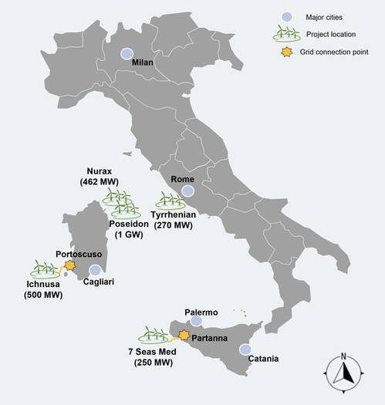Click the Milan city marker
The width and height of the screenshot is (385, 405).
pyautogui.click(x=126, y=54)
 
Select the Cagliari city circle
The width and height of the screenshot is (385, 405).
pyautogui.click(x=95, y=271)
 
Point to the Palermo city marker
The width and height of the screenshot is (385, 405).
pyautogui.click(x=196, y=321)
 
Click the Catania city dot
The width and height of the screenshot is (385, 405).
pyautogui.click(x=245, y=349)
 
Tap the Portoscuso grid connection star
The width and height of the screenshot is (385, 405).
pyautogui.click(x=70, y=265)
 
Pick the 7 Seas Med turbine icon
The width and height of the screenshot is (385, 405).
pyautogui.click(x=154, y=336)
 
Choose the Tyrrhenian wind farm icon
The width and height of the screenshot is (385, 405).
pyautogui.click(x=170, y=201)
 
